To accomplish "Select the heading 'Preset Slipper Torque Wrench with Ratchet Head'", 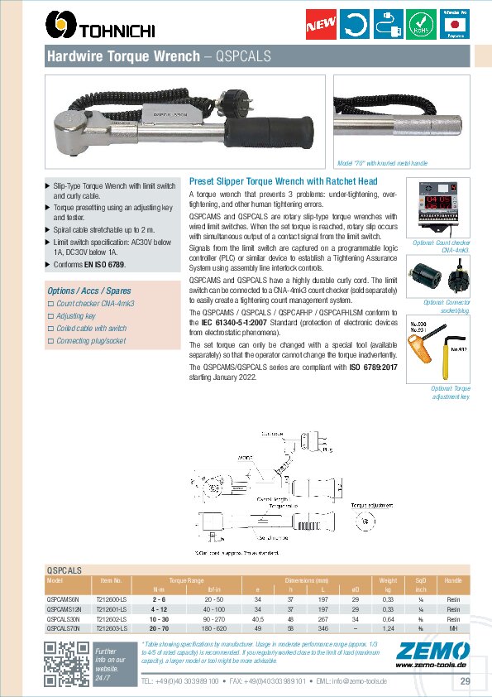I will coord(284,180).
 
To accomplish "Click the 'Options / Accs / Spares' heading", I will coord(89,291).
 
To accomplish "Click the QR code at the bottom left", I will coord(67,665).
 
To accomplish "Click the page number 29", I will coord(465,680).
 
